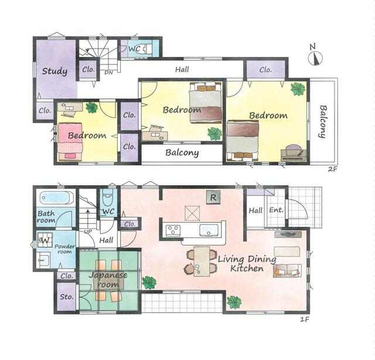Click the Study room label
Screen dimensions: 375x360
point(54,71)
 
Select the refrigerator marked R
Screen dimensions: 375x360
point(213,198)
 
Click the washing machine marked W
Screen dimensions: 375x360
point(45,240)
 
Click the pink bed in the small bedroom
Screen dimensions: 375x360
point(70,141)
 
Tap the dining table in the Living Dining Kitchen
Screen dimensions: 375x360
point(202,261)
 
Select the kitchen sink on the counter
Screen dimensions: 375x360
point(209,230)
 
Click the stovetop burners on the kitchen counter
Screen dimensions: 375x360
point(173,230)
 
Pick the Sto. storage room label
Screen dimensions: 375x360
point(66,297)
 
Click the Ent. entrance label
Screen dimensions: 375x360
point(276,210)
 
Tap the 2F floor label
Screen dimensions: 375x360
point(332,169)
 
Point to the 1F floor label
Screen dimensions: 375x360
point(305,319)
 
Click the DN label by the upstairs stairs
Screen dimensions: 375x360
point(108,73)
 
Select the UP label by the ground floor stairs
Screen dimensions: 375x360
point(88,232)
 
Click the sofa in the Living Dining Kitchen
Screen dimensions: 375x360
point(287,271)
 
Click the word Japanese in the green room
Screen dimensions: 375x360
point(108,275)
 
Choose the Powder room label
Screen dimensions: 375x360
point(64,249)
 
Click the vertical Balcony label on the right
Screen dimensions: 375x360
point(323,121)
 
